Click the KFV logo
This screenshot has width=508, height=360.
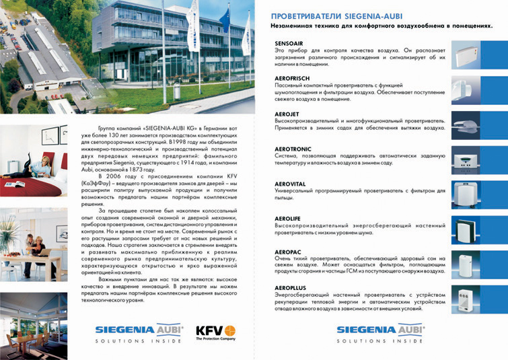click(x=215, y=333)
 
